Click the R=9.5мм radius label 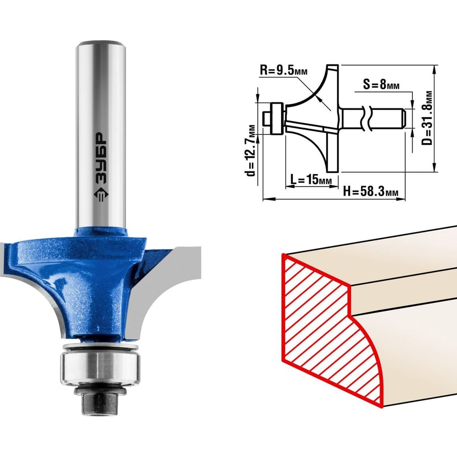point(283,70)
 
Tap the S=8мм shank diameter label point(381,85)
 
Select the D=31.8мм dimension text point(427,118)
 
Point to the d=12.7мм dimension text point(250,151)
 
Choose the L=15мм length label point(311,179)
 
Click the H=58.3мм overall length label point(371,191)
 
